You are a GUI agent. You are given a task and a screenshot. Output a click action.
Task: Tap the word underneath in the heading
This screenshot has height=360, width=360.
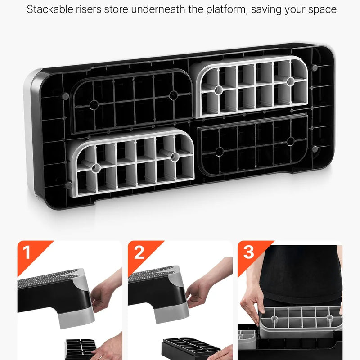point(158,9)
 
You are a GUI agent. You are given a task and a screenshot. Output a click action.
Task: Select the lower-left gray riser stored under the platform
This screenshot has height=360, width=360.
point(131,162)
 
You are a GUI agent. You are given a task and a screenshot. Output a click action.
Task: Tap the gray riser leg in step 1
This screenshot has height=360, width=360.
point(76,319)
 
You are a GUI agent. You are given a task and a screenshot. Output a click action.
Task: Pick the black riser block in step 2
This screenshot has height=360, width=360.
point(191,348)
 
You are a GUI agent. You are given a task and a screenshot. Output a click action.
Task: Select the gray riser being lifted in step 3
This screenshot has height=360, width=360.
point(301,321)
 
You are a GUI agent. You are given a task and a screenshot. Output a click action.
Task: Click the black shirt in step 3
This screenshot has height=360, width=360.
point(301,273)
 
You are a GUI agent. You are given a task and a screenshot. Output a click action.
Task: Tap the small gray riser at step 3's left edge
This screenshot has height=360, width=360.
point(247,339)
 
